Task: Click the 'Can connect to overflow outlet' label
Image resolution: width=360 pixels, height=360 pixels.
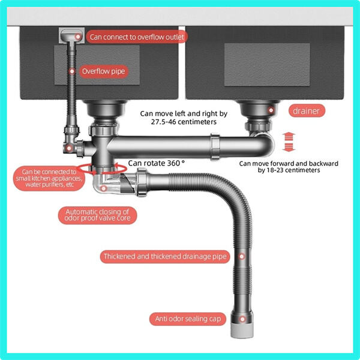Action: tap(136, 37)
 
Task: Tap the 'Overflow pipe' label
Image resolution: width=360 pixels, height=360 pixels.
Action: tap(104, 71)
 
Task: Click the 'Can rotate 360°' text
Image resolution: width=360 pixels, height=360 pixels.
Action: tap(156, 163)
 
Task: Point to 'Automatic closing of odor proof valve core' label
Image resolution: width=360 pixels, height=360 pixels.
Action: tap(97, 215)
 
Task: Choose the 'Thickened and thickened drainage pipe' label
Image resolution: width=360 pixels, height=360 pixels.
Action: tap(164, 256)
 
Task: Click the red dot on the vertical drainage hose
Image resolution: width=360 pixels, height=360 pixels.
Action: tap(242, 256)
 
